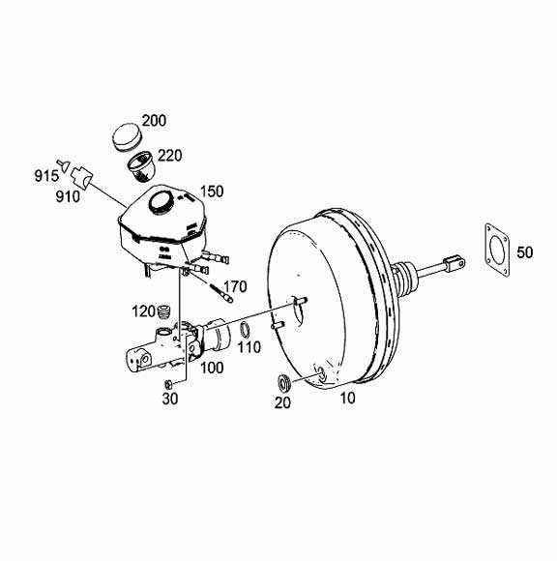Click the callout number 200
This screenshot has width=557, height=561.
tap(154, 121)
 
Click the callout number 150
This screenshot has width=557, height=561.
tap(211, 192)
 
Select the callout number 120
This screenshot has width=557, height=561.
tap(143, 310)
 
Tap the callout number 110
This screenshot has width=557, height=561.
tap(249, 346)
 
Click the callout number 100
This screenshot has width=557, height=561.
tap(211, 368)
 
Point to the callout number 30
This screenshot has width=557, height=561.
tap(169, 398)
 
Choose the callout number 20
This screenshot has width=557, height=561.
tap(282, 403)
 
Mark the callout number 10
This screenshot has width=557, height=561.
tap(345, 398)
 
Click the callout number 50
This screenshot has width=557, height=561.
tap(525, 252)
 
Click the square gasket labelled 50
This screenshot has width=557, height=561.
tap(497, 251)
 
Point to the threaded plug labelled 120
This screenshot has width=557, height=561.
tap(165, 312)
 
